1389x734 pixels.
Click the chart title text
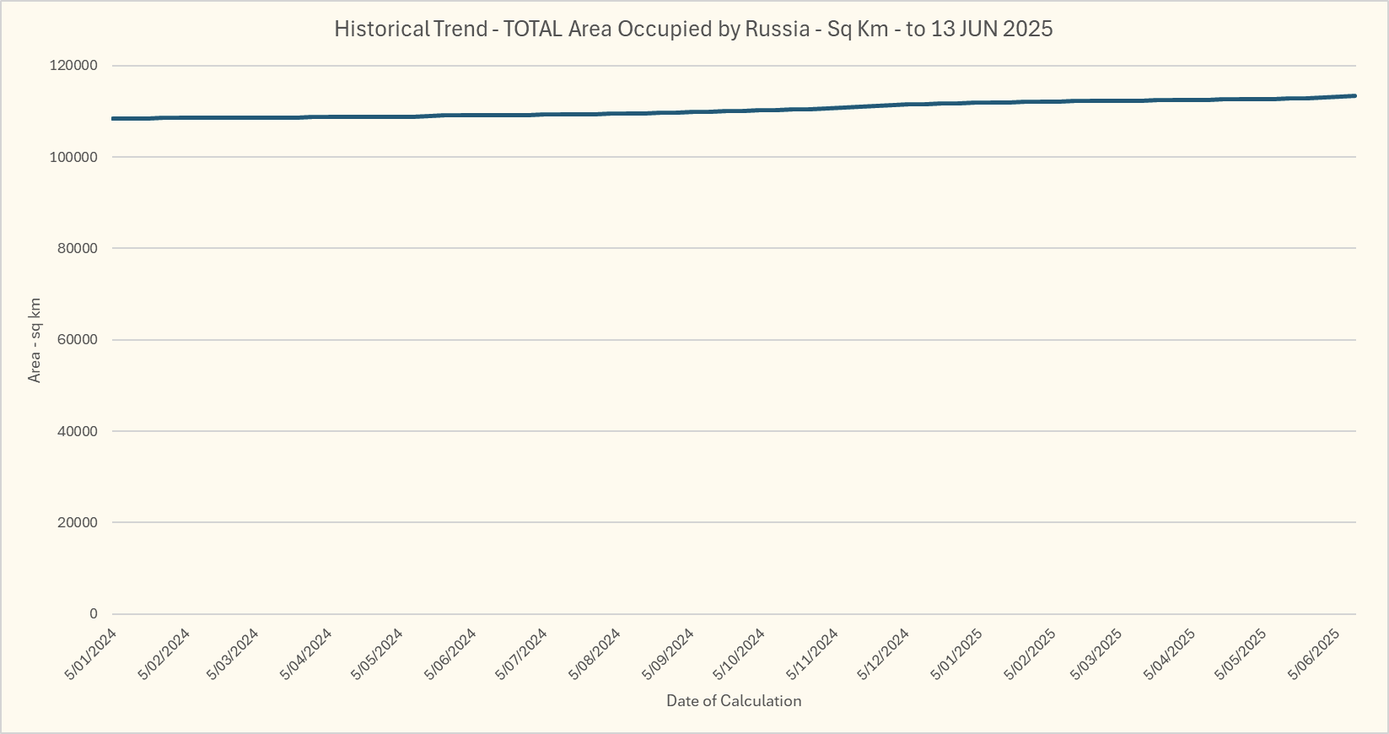(x=693, y=29)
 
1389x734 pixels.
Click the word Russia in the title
(x=777, y=29)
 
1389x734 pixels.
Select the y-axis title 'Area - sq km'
(x=35, y=340)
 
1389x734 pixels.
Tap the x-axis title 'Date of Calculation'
(x=734, y=700)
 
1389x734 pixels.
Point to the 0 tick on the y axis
(x=93, y=614)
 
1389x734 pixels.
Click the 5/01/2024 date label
(x=91, y=654)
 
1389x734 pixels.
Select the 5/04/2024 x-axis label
(x=307, y=654)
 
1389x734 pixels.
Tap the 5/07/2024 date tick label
(x=523, y=654)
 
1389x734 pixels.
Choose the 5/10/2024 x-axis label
(x=740, y=654)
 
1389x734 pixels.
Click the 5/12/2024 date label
(x=884, y=654)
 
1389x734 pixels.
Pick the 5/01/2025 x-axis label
(x=956, y=654)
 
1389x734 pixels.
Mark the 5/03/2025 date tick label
(x=1096, y=654)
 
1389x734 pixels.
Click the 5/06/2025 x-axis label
(x=1314, y=654)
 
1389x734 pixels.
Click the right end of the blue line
(x=1354, y=96)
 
